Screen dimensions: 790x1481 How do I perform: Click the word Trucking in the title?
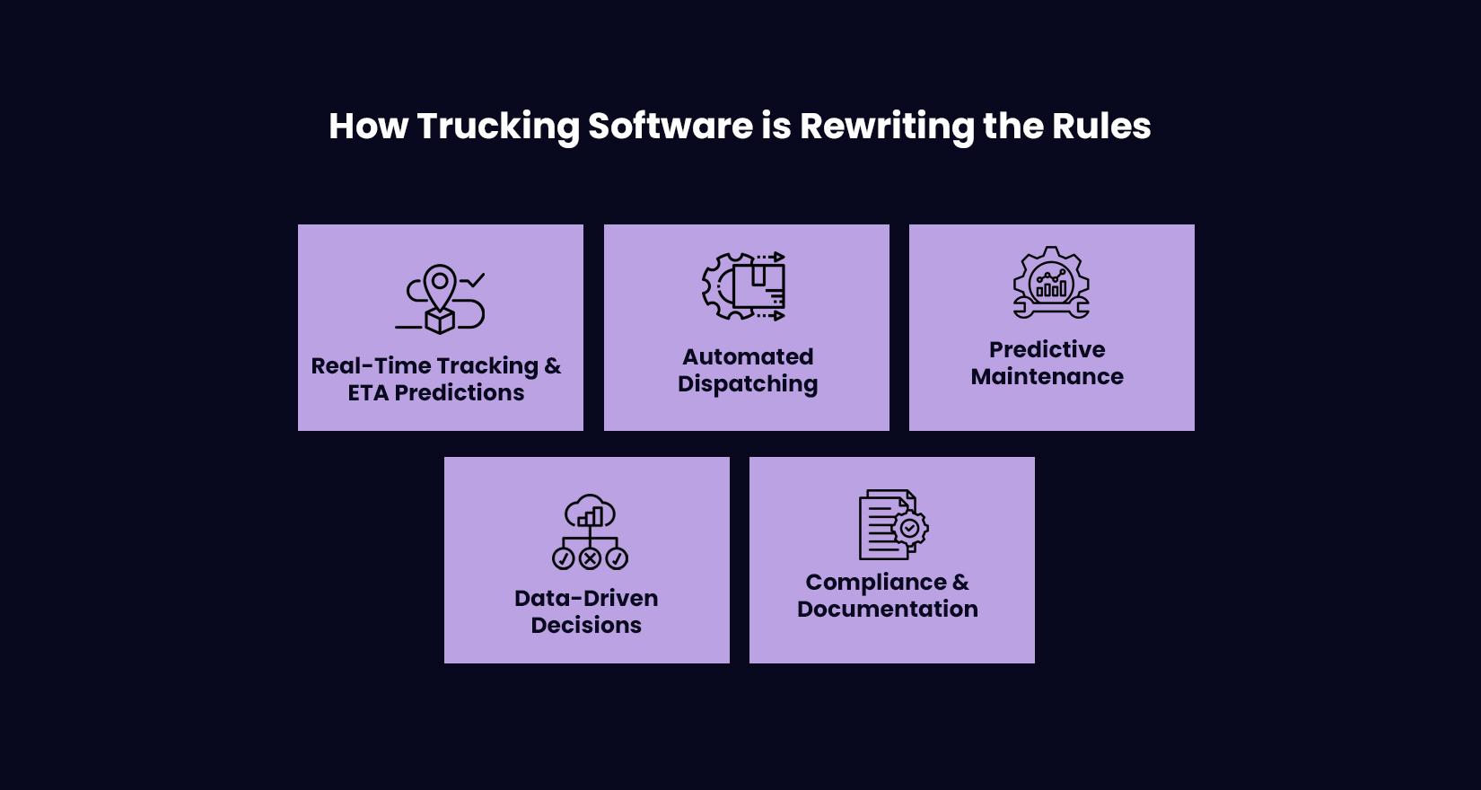[x=498, y=127]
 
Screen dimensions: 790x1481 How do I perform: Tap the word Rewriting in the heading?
[x=886, y=127]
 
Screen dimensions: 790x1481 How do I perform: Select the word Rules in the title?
[x=1101, y=127]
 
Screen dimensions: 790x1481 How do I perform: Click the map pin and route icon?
[x=440, y=299]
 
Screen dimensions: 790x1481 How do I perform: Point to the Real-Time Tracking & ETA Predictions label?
[x=436, y=379]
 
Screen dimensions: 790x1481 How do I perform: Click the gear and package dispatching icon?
[x=744, y=286]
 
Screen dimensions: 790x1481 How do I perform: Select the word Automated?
[x=748, y=356]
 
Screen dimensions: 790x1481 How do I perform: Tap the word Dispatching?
[x=748, y=384]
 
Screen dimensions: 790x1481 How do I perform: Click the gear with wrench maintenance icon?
[x=1051, y=282]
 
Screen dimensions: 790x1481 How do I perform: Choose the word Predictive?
[x=1047, y=349]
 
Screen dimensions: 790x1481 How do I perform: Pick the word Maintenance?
[x=1047, y=377]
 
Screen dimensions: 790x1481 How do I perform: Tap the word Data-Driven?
[x=586, y=598]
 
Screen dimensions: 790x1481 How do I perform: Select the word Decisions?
[x=586, y=626]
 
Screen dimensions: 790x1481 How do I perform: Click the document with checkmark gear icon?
[x=893, y=524]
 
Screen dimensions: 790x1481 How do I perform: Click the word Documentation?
[x=888, y=610]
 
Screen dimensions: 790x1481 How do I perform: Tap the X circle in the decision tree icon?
[x=590, y=559]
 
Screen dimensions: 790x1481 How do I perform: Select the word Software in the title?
[x=670, y=127]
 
